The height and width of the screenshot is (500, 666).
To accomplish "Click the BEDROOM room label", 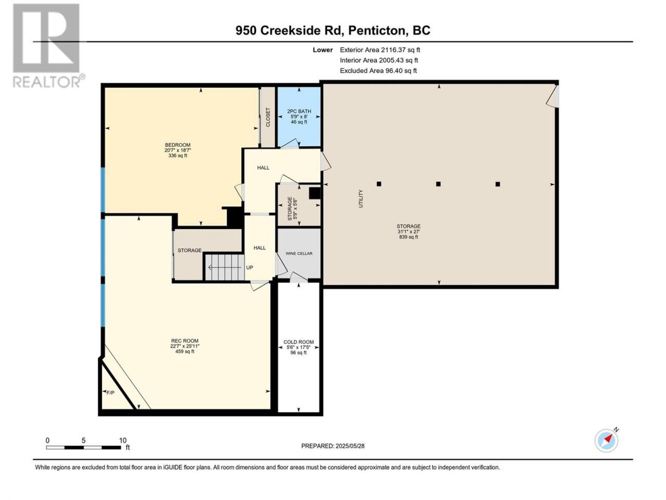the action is [177, 145].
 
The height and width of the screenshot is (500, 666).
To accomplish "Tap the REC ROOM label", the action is [185, 341].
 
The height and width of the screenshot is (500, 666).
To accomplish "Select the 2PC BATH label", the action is [299, 111].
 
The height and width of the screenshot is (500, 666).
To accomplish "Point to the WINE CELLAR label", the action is [299, 253].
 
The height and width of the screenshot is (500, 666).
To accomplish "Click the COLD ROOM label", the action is [299, 342].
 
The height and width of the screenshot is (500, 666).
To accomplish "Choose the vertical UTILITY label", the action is [361, 199].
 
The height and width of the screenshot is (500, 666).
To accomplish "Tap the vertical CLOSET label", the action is [268, 117].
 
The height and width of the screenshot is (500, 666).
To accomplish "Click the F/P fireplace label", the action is [110, 393].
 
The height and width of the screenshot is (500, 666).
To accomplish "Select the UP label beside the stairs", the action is [249, 268].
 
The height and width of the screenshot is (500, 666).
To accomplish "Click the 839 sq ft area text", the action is [408, 237].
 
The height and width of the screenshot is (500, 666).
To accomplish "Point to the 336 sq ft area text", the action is [177, 155].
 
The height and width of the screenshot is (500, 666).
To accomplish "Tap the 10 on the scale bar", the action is [123, 440].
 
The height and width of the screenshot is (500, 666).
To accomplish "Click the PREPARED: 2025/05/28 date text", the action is [333, 446].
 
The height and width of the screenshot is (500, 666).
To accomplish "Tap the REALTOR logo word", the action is [47, 82].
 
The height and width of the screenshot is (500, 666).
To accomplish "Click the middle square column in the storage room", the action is [438, 184].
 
